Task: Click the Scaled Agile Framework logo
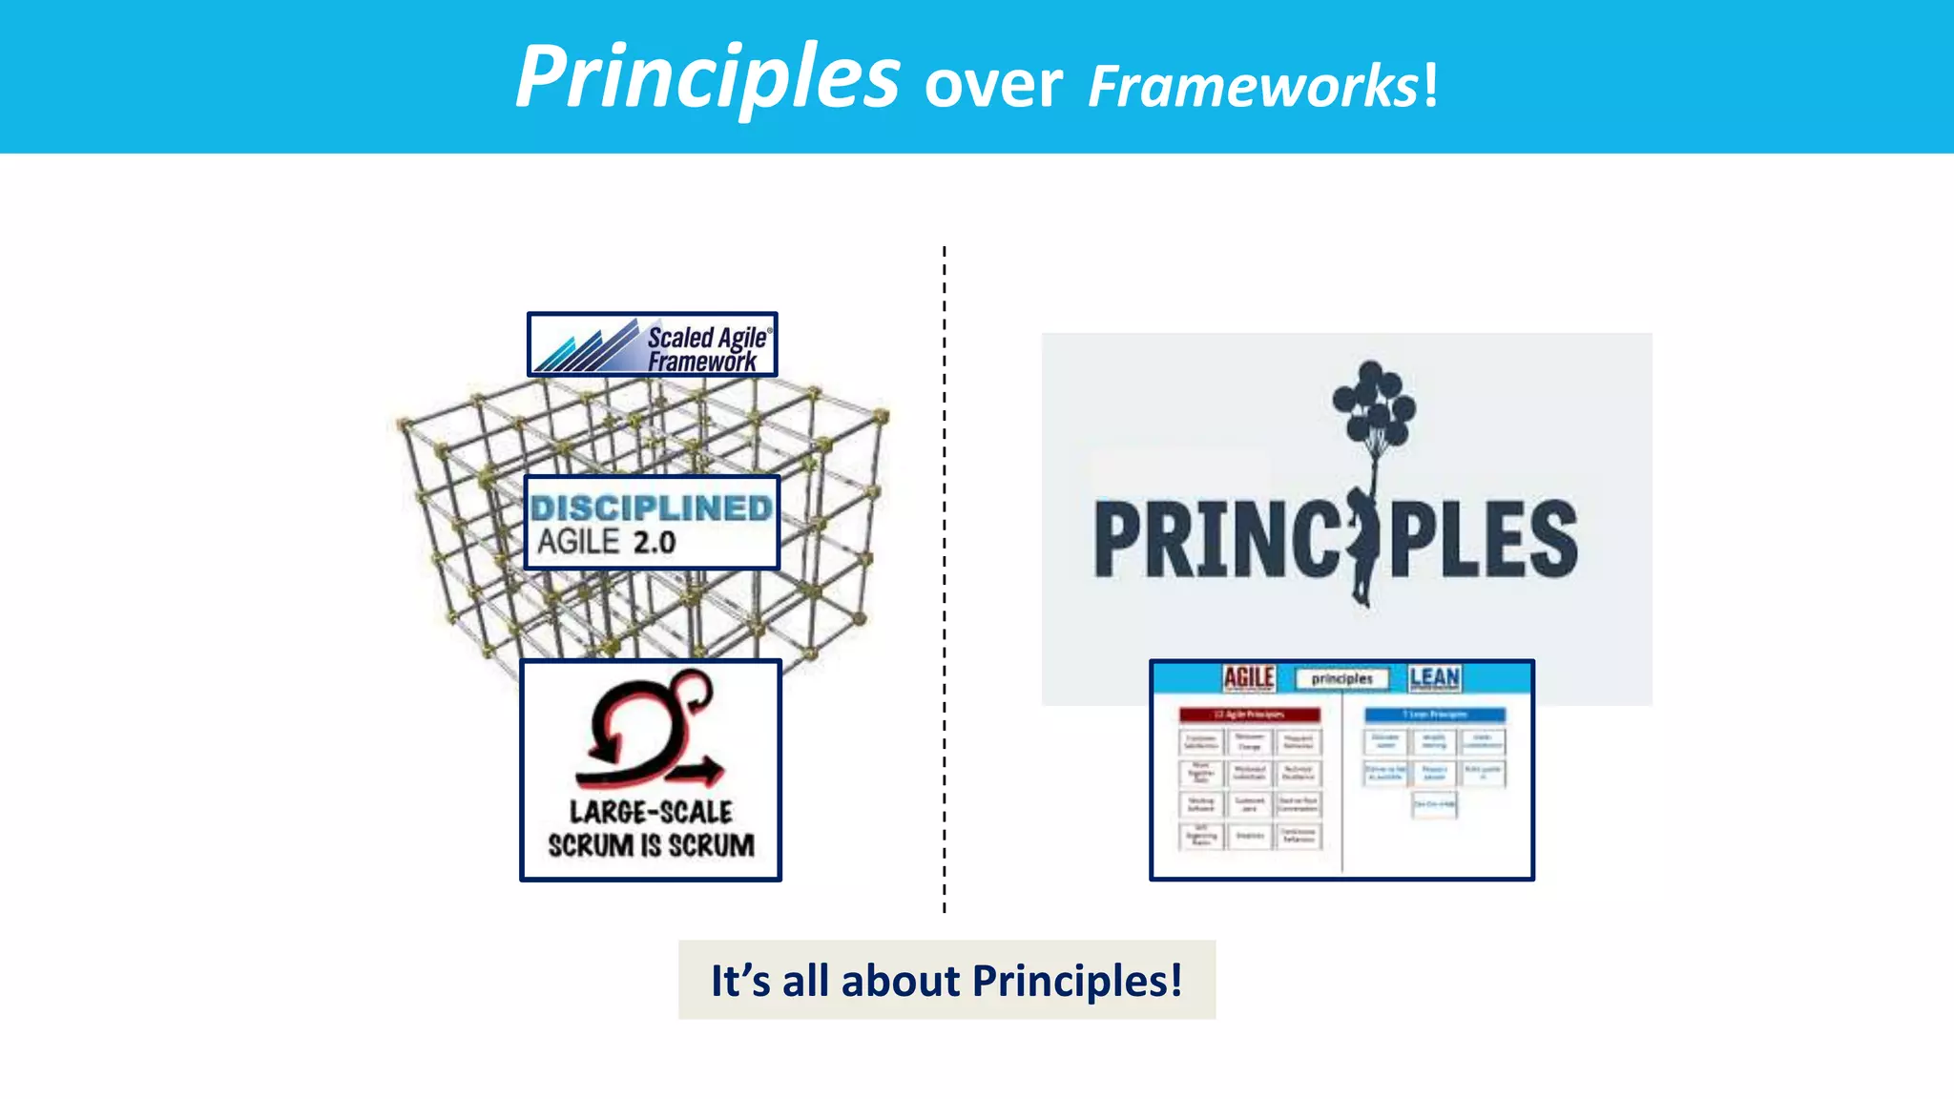(x=653, y=345)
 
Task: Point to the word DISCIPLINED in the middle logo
(x=652, y=508)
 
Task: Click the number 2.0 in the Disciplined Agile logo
(x=655, y=543)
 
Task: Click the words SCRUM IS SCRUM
(x=651, y=845)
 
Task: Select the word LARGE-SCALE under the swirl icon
(x=651, y=812)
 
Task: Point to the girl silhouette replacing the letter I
(x=1362, y=544)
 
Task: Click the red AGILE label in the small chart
(x=1249, y=677)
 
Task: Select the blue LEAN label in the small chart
(x=1434, y=677)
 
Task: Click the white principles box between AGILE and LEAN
(x=1341, y=678)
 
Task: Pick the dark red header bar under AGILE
(x=1250, y=715)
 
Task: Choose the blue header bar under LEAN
(x=1435, y=715)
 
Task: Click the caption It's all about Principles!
(x=946, y=980)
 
